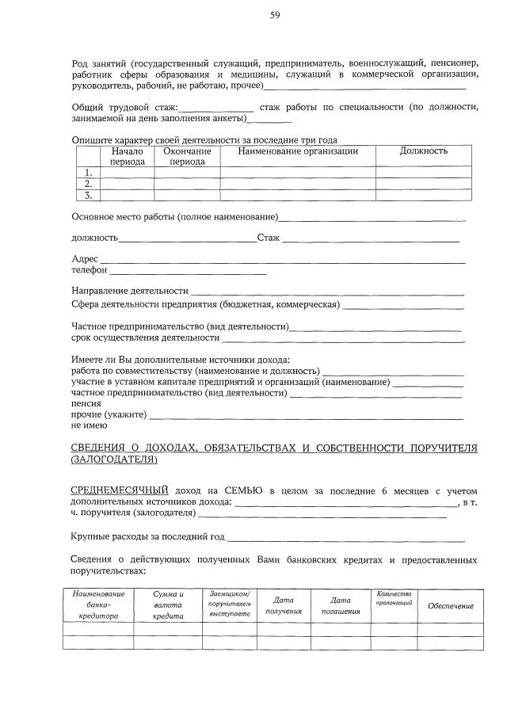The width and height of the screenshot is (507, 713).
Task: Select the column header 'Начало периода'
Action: (127, 156)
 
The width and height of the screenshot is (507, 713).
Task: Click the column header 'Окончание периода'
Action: (187, 156)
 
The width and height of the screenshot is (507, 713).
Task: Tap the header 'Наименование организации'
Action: (297, 151)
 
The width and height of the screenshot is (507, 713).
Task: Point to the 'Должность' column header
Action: (424, 151)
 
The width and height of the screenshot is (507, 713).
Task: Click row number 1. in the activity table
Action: (89, 173)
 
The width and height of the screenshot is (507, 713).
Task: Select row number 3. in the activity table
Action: (89, 195)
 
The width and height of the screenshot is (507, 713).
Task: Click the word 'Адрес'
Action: (85, 260)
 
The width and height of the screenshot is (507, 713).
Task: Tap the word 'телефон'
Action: (89, 271)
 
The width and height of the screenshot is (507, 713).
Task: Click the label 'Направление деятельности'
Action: (130, 292)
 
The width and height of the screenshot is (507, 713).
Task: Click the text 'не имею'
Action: (89, 425)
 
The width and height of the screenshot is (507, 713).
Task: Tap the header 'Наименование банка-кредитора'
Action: (98, 604)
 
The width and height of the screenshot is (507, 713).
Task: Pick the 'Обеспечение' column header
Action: (450, 606)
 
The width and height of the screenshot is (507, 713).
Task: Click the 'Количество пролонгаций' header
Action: (394, 599)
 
